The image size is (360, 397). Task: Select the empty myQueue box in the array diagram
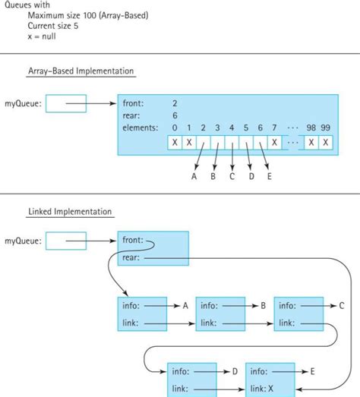click(66, 102)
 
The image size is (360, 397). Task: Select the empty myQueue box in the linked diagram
click(66, 241)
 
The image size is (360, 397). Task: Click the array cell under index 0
click(175, 142)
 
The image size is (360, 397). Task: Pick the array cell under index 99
click(326, 142)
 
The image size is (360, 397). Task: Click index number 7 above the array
click(274, 128)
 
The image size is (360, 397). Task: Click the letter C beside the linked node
click(341, 305)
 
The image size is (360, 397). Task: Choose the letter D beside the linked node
click(235, 372)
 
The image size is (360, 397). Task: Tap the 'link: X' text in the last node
click(263, 389)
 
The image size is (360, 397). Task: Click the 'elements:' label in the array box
click(141, 128)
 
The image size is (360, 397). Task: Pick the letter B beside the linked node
click(262, 305)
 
